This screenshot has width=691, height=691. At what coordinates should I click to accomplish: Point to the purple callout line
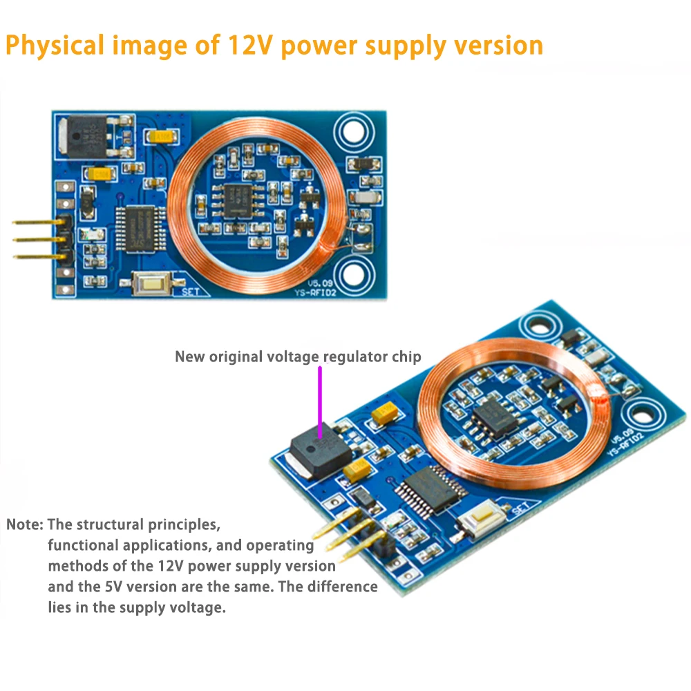[x=320, y=401]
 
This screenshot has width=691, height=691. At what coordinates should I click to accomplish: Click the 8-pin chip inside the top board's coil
[x=239, y=196]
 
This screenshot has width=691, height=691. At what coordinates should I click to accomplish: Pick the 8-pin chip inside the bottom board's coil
[x=494, y=415]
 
